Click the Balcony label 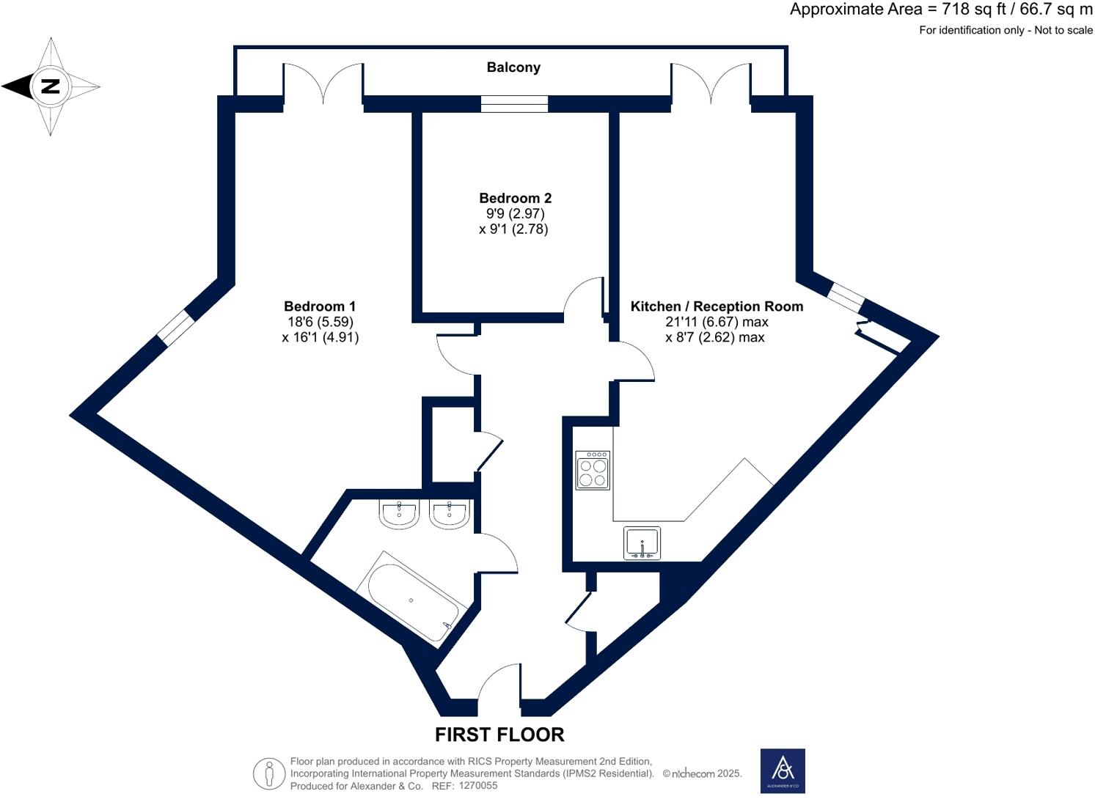(513, 67)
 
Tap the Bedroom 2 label (515, 198)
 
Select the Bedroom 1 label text (320, 306)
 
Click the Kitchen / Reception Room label (717, 306)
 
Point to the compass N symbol (50, 87)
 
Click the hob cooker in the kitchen (593, 470)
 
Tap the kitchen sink (642, 543)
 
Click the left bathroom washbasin (399, 514)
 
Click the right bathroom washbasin (449, 514)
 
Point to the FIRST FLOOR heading (499, 735)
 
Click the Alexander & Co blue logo (783, 770)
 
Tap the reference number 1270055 (477, 786)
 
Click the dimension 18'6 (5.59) (321, 322)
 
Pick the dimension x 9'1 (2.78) (513, 229)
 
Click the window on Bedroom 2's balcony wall (514, 104)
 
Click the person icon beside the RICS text (269, 773)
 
